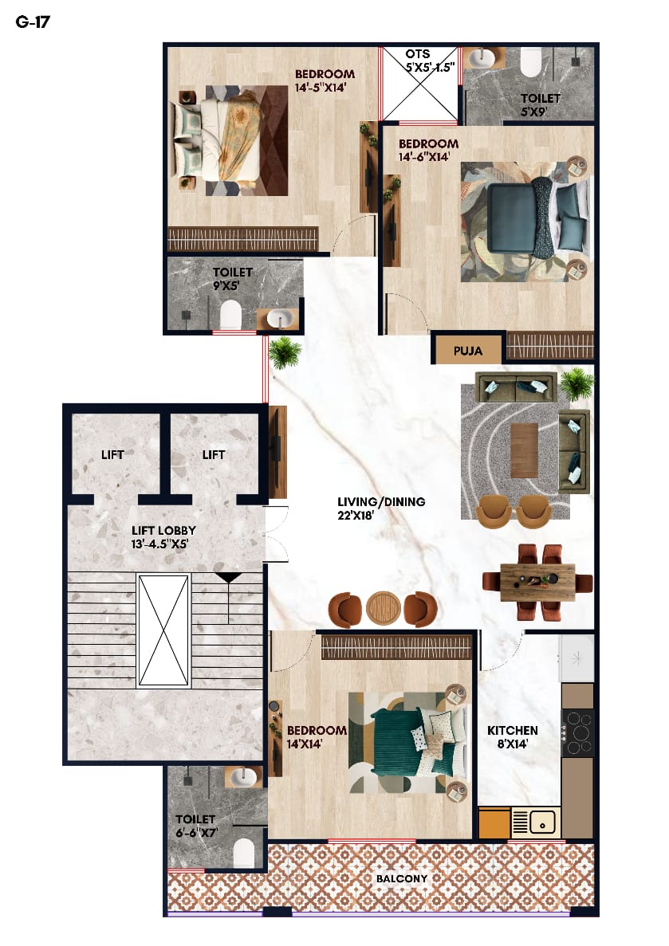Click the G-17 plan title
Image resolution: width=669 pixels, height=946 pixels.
(x=33, y=22)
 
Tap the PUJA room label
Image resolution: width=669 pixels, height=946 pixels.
(x=468, y=351)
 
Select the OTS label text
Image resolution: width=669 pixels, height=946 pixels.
(x=418, y=53)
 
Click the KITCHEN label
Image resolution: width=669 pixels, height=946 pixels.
(x=513, y=730)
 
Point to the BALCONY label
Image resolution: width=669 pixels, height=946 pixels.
(x=402, y=878)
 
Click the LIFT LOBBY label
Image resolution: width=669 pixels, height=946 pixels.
(x=163, y=530)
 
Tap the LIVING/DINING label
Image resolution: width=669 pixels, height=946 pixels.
(x=381, y=501)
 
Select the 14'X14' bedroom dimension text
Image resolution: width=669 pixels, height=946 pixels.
(x=305, y=744)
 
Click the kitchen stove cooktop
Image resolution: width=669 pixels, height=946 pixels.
(x=578, y=733)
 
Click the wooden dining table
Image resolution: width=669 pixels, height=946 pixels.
(x=537, y=583)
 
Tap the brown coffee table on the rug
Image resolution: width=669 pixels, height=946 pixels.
(x=524, y=450)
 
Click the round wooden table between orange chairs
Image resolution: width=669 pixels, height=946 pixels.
(x=383, y=608)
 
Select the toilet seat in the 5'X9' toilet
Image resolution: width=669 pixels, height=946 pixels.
(x=531, y=62)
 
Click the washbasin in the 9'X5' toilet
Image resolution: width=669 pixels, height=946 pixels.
(x=278, y=319)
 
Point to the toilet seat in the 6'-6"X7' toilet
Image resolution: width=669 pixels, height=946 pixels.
(x=243, y=853)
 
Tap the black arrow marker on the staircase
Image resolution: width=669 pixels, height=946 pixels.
(x=229, y=577)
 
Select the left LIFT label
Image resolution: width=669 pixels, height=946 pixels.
(x=113, y=454)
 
